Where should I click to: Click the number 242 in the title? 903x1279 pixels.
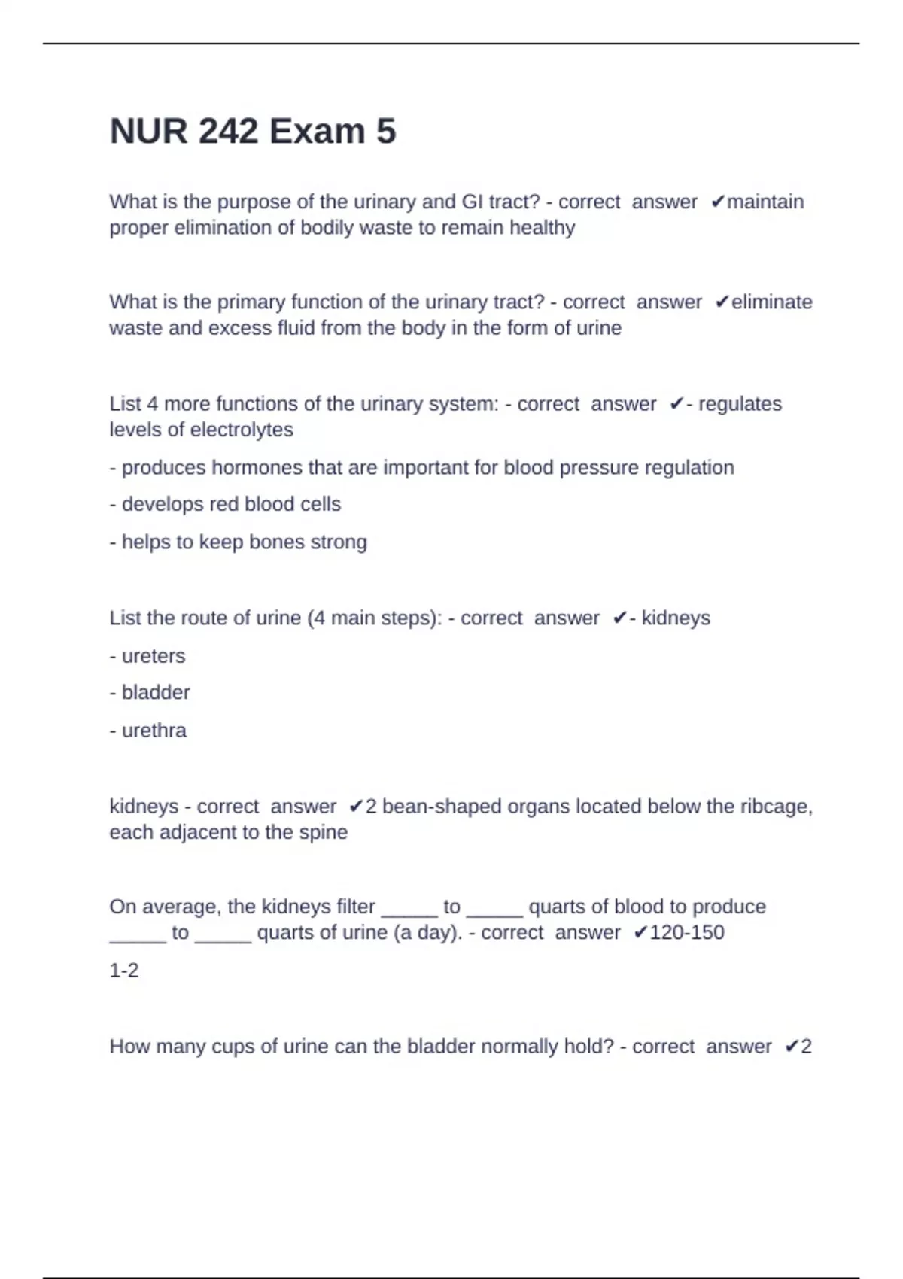[x=228, y=132]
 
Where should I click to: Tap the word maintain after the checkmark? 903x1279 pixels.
[x=765, y=202]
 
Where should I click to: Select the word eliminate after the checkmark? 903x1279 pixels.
[x=772, y=302]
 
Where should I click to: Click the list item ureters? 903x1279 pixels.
[x=153, y=656]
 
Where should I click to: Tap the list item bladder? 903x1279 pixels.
[x=155, y=692]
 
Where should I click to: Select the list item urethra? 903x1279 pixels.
[x=154, y=731]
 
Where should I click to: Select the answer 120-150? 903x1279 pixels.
[x=686, y=933]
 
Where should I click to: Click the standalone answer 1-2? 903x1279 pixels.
[x=124, y=971]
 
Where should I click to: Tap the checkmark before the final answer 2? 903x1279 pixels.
[x=791, y=1047]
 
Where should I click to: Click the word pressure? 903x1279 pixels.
[x=579, y=467]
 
